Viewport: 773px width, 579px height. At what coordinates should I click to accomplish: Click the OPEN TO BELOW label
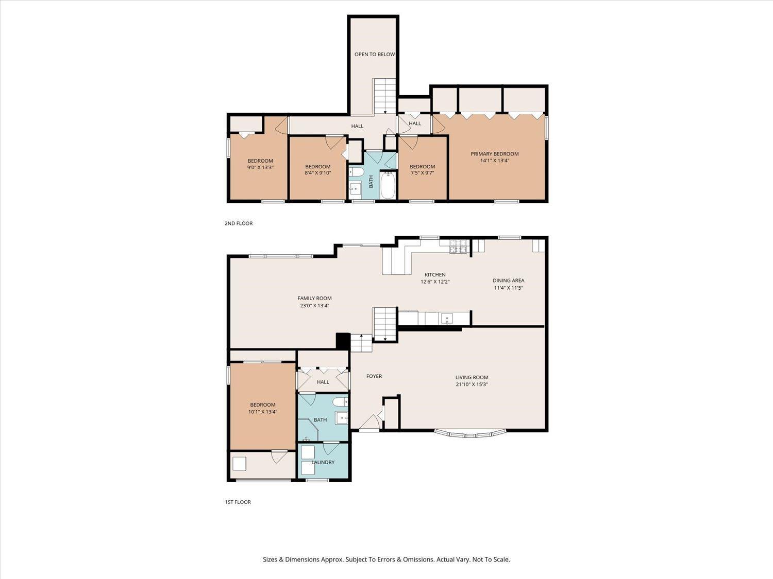[x=374, y=54]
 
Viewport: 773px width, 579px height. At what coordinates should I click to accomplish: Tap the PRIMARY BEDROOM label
[x=494, y=153]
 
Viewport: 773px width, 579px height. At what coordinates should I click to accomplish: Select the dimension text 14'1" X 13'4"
[x=494, y=161]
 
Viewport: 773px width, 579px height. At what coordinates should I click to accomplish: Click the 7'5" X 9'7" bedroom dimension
[x=422, y=173]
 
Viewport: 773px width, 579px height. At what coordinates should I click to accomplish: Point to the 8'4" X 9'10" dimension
[x=317, y=173]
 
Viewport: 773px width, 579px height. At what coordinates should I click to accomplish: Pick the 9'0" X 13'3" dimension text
[x=260, y=167]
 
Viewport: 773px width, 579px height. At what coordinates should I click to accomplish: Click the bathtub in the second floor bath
[x=388, y=185]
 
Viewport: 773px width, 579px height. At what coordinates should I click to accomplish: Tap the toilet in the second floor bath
[x=357, y=172]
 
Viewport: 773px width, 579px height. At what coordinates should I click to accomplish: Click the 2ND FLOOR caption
[x=239, y=223]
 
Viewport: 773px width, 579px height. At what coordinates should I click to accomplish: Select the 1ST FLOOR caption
[x=238, y=502]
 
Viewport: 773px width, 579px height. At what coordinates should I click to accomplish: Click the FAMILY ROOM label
[x=314, y=299]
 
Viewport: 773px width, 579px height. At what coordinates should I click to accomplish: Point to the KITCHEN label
[x=435, y=274]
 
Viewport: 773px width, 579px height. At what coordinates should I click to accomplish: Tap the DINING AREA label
[x=508, y=280]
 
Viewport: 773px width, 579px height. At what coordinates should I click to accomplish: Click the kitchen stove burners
[x=458, y=247]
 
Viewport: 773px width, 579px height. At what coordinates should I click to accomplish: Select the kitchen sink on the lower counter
[x=447, y=319]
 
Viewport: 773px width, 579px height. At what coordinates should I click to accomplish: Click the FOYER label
[x=374, y=376]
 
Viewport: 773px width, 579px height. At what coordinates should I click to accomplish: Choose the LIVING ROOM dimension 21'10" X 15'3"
[x=472, y=384]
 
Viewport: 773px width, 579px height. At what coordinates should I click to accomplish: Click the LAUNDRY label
[x=323, y=462]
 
